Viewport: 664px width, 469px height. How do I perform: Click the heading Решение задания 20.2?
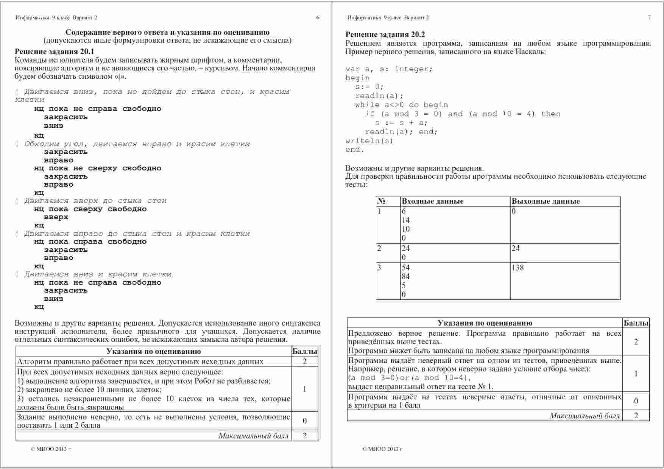[385, 35]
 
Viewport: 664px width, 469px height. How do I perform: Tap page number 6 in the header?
[318, 17]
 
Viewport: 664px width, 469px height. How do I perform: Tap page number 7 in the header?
[649, 17]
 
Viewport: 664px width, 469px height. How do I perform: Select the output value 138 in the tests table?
[517, 268]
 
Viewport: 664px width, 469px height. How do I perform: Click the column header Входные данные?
[432, 201]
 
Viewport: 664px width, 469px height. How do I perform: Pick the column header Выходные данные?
[546, 201]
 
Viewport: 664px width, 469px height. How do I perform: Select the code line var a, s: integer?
[388, 69]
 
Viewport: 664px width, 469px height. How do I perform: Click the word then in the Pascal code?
[551, 114]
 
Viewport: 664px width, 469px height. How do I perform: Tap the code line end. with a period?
[355, 150]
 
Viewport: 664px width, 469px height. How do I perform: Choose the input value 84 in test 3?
[405, 277]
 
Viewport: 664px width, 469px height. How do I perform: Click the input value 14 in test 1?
[405, 220]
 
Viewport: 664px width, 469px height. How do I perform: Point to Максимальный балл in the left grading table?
[253, 436]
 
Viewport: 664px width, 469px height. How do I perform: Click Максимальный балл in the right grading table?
[585, 416]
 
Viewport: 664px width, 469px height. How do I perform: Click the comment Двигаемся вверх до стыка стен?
[95, 201]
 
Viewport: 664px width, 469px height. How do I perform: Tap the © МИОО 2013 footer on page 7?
[382, 449]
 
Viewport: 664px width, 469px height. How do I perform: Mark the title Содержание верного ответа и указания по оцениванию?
[167, 33]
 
